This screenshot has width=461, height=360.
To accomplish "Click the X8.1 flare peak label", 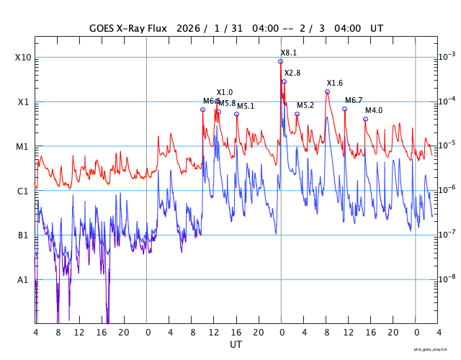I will pyautogui.click(x=288, y=53).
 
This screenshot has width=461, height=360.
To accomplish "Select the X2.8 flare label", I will pyautogui.click(x=292, y=73).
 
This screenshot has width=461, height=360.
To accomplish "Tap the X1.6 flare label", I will pyautogui.click(x=335, y=84).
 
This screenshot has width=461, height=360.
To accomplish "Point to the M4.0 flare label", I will pyautogui.click(x=374, y=111).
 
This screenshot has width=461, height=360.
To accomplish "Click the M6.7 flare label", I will pyautogui.click(x=354, y=101).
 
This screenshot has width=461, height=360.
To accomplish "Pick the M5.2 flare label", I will pyautogui.click(x=305, y=106).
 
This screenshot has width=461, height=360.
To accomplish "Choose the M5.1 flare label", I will pyautogui.click(x=246, y=107).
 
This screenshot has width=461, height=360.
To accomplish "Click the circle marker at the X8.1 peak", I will pyautogui.click(x=280, y=62).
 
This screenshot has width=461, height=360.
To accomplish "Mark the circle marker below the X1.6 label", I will pyautogui.click(x=327, y=92).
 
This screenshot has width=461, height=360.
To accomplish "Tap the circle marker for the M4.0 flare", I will pyautogui.click(x=365, y=120).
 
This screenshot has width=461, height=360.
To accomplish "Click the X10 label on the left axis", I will pyautogui.click(x=22, y=58).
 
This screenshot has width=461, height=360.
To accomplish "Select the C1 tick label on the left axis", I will pyautogui.click(x=22, y=192).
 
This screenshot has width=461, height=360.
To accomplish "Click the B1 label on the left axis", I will pyautogui.click(x=22, y=235).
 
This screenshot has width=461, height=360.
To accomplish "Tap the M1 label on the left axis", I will pyautogui.click(x=22, y=147).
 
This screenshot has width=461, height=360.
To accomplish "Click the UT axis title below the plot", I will pyautogui.click(x=236, y=345).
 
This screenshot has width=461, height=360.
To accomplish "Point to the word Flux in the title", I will pyautogui.click(x=155, y=29).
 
